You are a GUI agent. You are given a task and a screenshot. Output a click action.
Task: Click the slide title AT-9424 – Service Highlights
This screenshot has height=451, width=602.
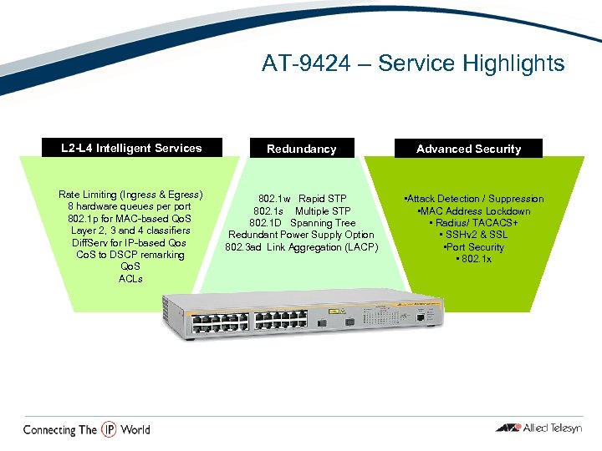[x=413, y=63]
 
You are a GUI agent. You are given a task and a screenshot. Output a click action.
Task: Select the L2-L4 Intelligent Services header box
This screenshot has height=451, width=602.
[x=131, y=149]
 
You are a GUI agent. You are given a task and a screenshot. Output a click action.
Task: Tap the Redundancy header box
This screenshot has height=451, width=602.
[x=301, y=149]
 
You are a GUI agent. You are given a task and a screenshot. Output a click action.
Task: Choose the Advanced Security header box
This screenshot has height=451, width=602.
[x=468, y=149]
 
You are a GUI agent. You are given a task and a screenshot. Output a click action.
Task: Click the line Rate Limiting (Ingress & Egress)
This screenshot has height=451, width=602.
[x=130, y=195]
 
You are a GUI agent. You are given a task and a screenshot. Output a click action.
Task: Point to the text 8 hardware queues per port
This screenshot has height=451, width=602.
[x=130, y=206]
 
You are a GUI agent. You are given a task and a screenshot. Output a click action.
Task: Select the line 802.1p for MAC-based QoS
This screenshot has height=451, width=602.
[x=130, y=219]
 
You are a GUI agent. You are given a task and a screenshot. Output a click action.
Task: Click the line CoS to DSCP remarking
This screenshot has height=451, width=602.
[x=130, y=255]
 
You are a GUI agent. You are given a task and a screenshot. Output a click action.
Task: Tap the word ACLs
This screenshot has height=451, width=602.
[x=130, y=279]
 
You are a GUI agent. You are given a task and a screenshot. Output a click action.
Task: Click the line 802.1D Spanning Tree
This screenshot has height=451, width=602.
[x=301, y=223]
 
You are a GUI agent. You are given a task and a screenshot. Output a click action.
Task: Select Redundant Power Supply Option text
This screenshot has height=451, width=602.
[x=301, y=235]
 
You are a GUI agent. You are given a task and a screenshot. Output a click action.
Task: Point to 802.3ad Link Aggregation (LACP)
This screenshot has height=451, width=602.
[x=301, y=247]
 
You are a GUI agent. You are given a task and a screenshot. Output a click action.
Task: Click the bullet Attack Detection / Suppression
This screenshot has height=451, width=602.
[x=473, y=199]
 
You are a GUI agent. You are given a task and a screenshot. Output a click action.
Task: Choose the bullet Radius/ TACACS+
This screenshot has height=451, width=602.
[x=474, y=223]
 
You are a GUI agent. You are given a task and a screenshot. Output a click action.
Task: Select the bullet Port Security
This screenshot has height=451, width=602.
[x=474, y=247]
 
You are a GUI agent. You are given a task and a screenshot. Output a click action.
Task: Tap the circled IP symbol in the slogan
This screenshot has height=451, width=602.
[x=109, y=429]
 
